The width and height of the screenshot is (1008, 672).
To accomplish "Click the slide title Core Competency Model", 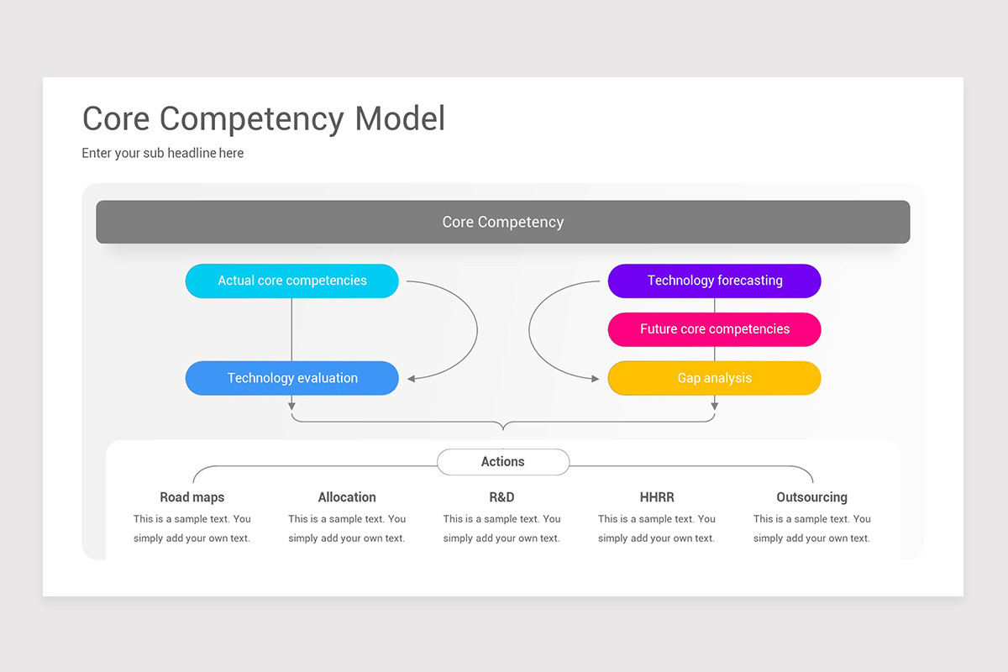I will point(263,118).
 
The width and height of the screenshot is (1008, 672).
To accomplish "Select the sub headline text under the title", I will point(162,153).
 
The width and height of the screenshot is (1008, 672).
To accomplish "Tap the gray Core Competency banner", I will point(502,222).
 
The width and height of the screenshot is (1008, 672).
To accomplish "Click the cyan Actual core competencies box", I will point(291,281).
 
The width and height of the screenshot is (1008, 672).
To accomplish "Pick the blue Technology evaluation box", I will point(291,378).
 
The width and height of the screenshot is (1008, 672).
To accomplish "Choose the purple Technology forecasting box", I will point(714,281).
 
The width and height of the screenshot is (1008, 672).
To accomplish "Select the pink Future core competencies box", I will point(714,329).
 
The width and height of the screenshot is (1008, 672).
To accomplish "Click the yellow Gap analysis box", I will point(714,378).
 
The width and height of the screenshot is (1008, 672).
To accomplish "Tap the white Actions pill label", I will point(502,462).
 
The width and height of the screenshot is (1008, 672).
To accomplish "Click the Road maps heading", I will point(192,497).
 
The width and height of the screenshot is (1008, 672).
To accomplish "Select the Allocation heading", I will point(347,497).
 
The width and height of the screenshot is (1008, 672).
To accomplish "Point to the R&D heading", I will point(501,497).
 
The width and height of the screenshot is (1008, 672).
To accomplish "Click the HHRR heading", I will point(656,497).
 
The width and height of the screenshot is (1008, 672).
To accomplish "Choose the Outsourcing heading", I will point(811,497).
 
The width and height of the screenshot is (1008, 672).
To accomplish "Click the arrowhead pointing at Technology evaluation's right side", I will point(412,379).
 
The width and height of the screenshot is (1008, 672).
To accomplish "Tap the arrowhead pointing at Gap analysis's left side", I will point(596,379).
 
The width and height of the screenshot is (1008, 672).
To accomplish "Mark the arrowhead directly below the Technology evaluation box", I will point(291,407).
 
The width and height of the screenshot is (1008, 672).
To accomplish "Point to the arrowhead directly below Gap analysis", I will point(714,407).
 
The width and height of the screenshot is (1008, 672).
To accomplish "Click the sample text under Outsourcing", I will point(811,528).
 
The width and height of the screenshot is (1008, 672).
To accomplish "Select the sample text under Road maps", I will point(192,528).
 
